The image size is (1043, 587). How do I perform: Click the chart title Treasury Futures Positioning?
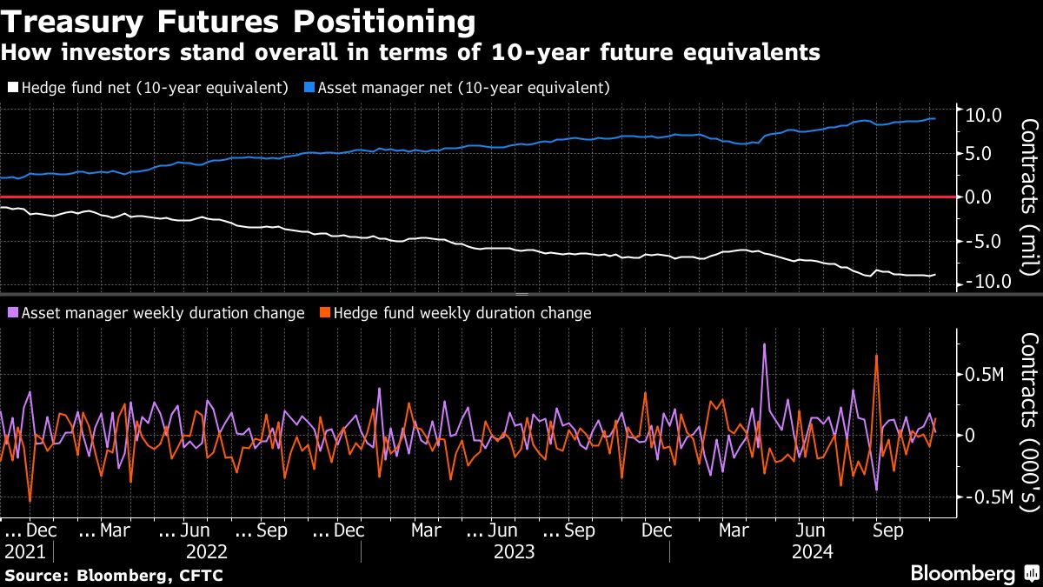tap(238, 21)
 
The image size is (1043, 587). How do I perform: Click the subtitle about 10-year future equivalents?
tap(410, 53)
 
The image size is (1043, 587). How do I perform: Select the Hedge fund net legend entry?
tap(147, 88)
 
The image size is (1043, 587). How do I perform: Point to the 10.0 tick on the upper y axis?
tap(984, 115)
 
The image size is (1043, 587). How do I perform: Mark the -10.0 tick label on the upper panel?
tap(981, 282)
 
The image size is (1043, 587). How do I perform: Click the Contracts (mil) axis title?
tap(1026, 197)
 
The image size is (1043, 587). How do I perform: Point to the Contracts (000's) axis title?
tap(1026, 423)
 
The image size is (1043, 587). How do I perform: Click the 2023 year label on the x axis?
tap(514, 552)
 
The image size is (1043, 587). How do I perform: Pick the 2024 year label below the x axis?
tap(812, 552)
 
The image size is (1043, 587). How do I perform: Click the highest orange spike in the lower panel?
tap(876, 356)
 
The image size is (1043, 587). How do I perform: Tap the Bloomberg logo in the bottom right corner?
tap(973, 574)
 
